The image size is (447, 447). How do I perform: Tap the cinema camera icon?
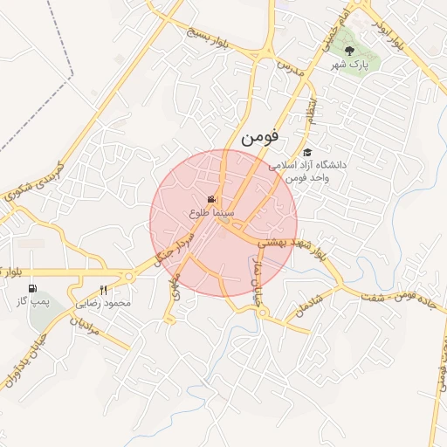click(211, 200)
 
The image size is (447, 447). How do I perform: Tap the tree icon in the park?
click(350, 52)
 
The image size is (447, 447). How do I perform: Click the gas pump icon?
click(33, 289)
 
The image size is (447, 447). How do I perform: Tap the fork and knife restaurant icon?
click(104, 291)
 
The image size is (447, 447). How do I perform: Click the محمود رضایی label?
click(104, 303)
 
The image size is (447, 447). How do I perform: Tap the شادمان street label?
click(308, 305)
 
